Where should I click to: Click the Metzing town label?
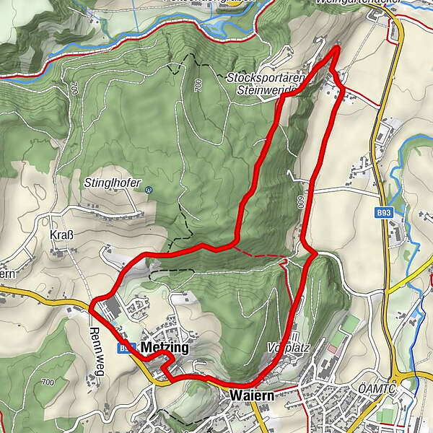[x=165, y=348]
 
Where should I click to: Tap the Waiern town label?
[x=253, y=396]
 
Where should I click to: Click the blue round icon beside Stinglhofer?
[x=148, y=190]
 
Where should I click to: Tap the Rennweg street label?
[x=96, y=343]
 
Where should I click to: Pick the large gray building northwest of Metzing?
[x=108, y=310]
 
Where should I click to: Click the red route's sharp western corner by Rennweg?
[x=92, y=299]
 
